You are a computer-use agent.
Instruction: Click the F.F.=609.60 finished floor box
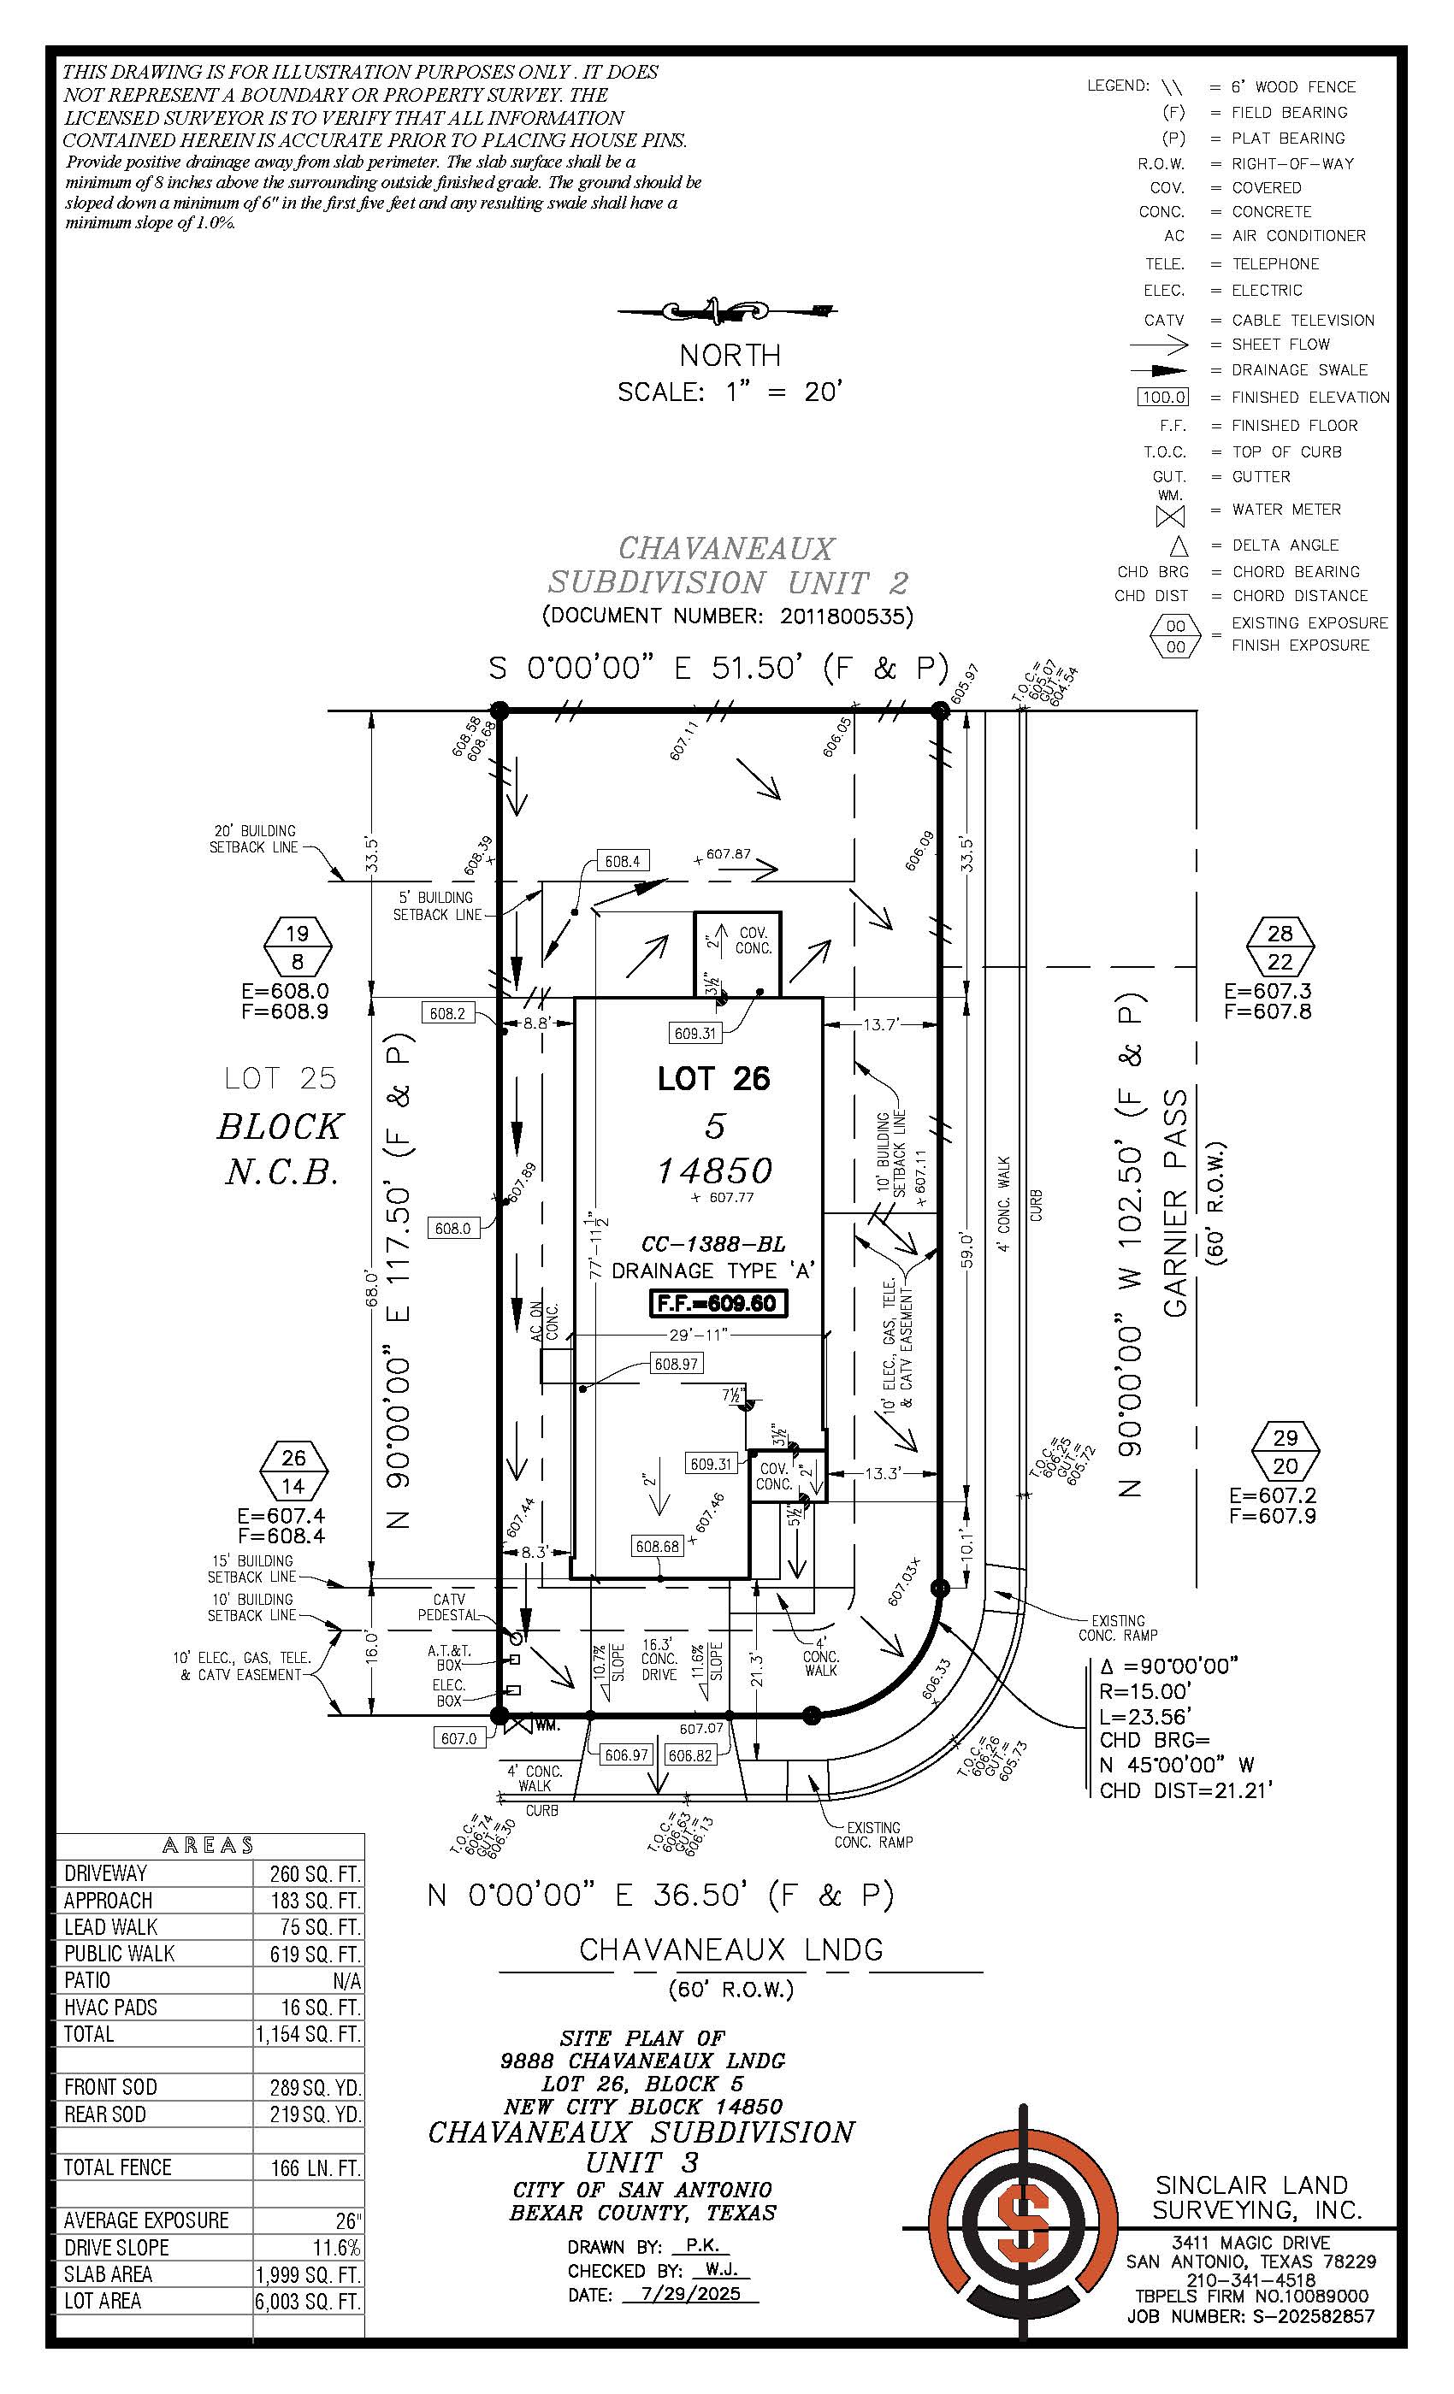(718, 1303)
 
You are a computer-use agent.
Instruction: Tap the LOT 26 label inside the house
(713, 1078)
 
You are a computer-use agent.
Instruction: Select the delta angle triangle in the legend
(1178, 546)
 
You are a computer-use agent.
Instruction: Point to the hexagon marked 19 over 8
(298, 946)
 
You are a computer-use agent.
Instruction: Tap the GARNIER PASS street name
(1176, 1202)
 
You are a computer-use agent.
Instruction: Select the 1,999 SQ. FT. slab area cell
(307, 2273)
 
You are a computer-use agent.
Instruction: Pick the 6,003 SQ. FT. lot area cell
(307, 2301)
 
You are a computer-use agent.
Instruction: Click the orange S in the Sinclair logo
(1024, 2222)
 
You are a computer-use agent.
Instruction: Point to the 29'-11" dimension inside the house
(699, 1335)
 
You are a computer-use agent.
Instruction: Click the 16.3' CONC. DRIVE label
(659, 1660)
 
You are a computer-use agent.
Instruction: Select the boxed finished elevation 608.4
(622, 861)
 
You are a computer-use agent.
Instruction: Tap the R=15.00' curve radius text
(1145, 1691)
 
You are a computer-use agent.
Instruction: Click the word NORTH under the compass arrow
(729, 355)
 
